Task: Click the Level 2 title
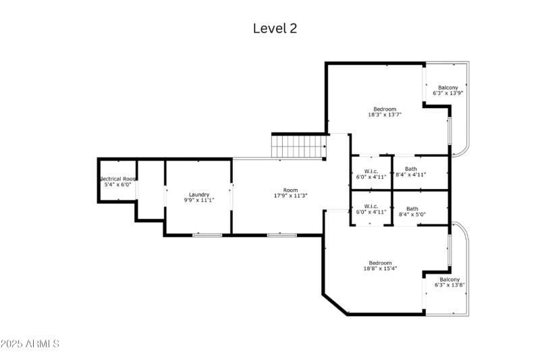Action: click(275, 28)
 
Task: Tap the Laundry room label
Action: click(198, 195)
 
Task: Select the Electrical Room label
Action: click(118, 179)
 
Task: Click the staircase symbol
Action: click(298, 145)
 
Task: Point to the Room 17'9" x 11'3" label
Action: click(290, 193)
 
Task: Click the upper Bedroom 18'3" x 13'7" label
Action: click(385, 111)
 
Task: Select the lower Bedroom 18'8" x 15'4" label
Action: click(380, 265)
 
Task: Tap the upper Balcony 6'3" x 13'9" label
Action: click(448, 90)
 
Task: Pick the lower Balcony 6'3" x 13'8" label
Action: click(450, 282)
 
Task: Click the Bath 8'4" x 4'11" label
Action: click(411, 172)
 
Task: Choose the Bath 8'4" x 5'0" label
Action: click(412, 211)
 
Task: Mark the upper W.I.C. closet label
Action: click(371, 174)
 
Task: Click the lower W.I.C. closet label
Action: click(371, 209)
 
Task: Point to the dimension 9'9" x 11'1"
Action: click(198, 201)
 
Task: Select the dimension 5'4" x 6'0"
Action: click(117, 184)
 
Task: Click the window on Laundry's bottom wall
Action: click(207, 234)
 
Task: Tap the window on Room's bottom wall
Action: click(281, 234)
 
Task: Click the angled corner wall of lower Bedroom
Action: click(335, 303)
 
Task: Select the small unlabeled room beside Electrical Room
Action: click(151, 189)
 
